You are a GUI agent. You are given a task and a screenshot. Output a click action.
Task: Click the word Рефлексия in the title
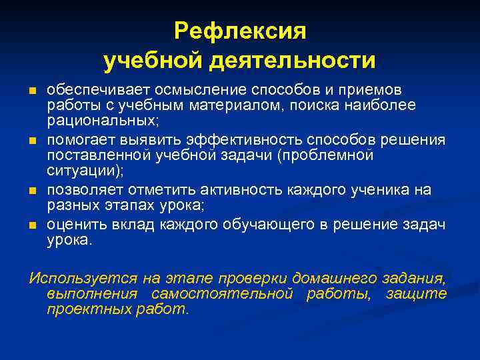pos(239,31)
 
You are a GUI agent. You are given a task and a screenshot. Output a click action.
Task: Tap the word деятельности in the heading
pos(293,61)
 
